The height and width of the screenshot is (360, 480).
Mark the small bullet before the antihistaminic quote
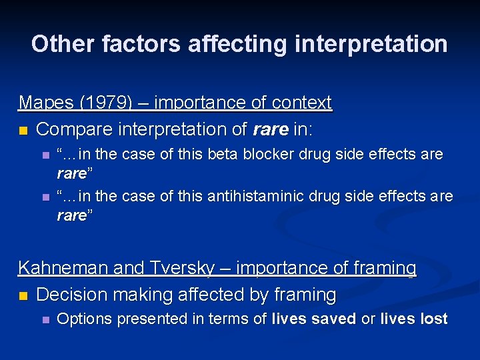[45, 197]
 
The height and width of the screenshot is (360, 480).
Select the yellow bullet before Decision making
[23, 295]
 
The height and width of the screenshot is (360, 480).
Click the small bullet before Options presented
[45, 320]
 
